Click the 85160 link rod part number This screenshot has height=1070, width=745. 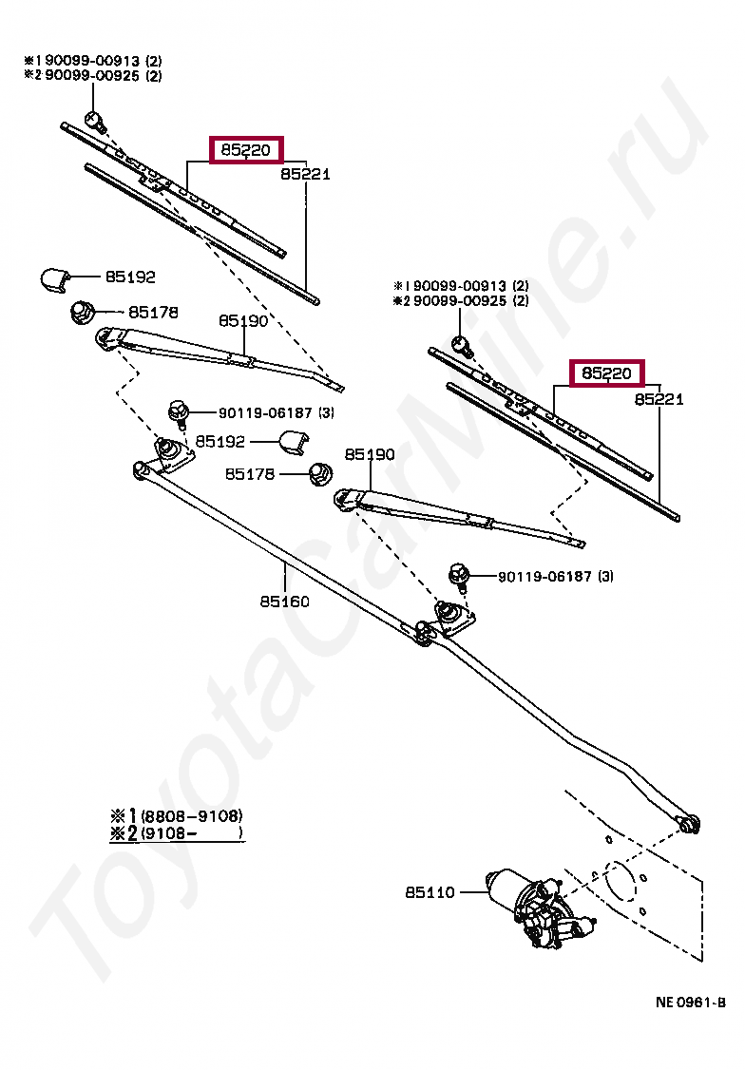[285, 602]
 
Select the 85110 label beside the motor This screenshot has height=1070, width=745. [430, 892]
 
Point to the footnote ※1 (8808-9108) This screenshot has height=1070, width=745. [177, 815]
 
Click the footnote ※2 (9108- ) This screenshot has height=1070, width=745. [177, 833]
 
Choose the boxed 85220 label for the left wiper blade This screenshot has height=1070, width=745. [247, 149]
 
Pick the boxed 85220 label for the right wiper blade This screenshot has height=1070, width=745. [606, 373]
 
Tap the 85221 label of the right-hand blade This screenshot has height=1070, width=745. [659, 400]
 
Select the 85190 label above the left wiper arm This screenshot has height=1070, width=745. [243, 321]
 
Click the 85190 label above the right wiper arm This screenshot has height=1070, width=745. [370, 455]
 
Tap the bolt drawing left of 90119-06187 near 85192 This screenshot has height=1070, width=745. [177, 411]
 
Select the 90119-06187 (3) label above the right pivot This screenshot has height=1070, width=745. [543, 576]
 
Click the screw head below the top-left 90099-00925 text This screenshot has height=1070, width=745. [94, 120]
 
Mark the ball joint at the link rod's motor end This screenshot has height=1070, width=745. [690, 822]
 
